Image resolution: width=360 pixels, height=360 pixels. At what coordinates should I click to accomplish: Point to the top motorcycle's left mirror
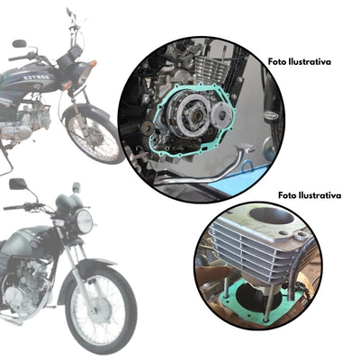[19, 43]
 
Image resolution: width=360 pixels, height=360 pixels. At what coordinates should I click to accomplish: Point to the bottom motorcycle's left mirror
[17, 184]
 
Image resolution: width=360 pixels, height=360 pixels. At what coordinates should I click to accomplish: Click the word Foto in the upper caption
[278, 62]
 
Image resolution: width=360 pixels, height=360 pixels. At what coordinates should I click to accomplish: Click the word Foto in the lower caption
[288, 193]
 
